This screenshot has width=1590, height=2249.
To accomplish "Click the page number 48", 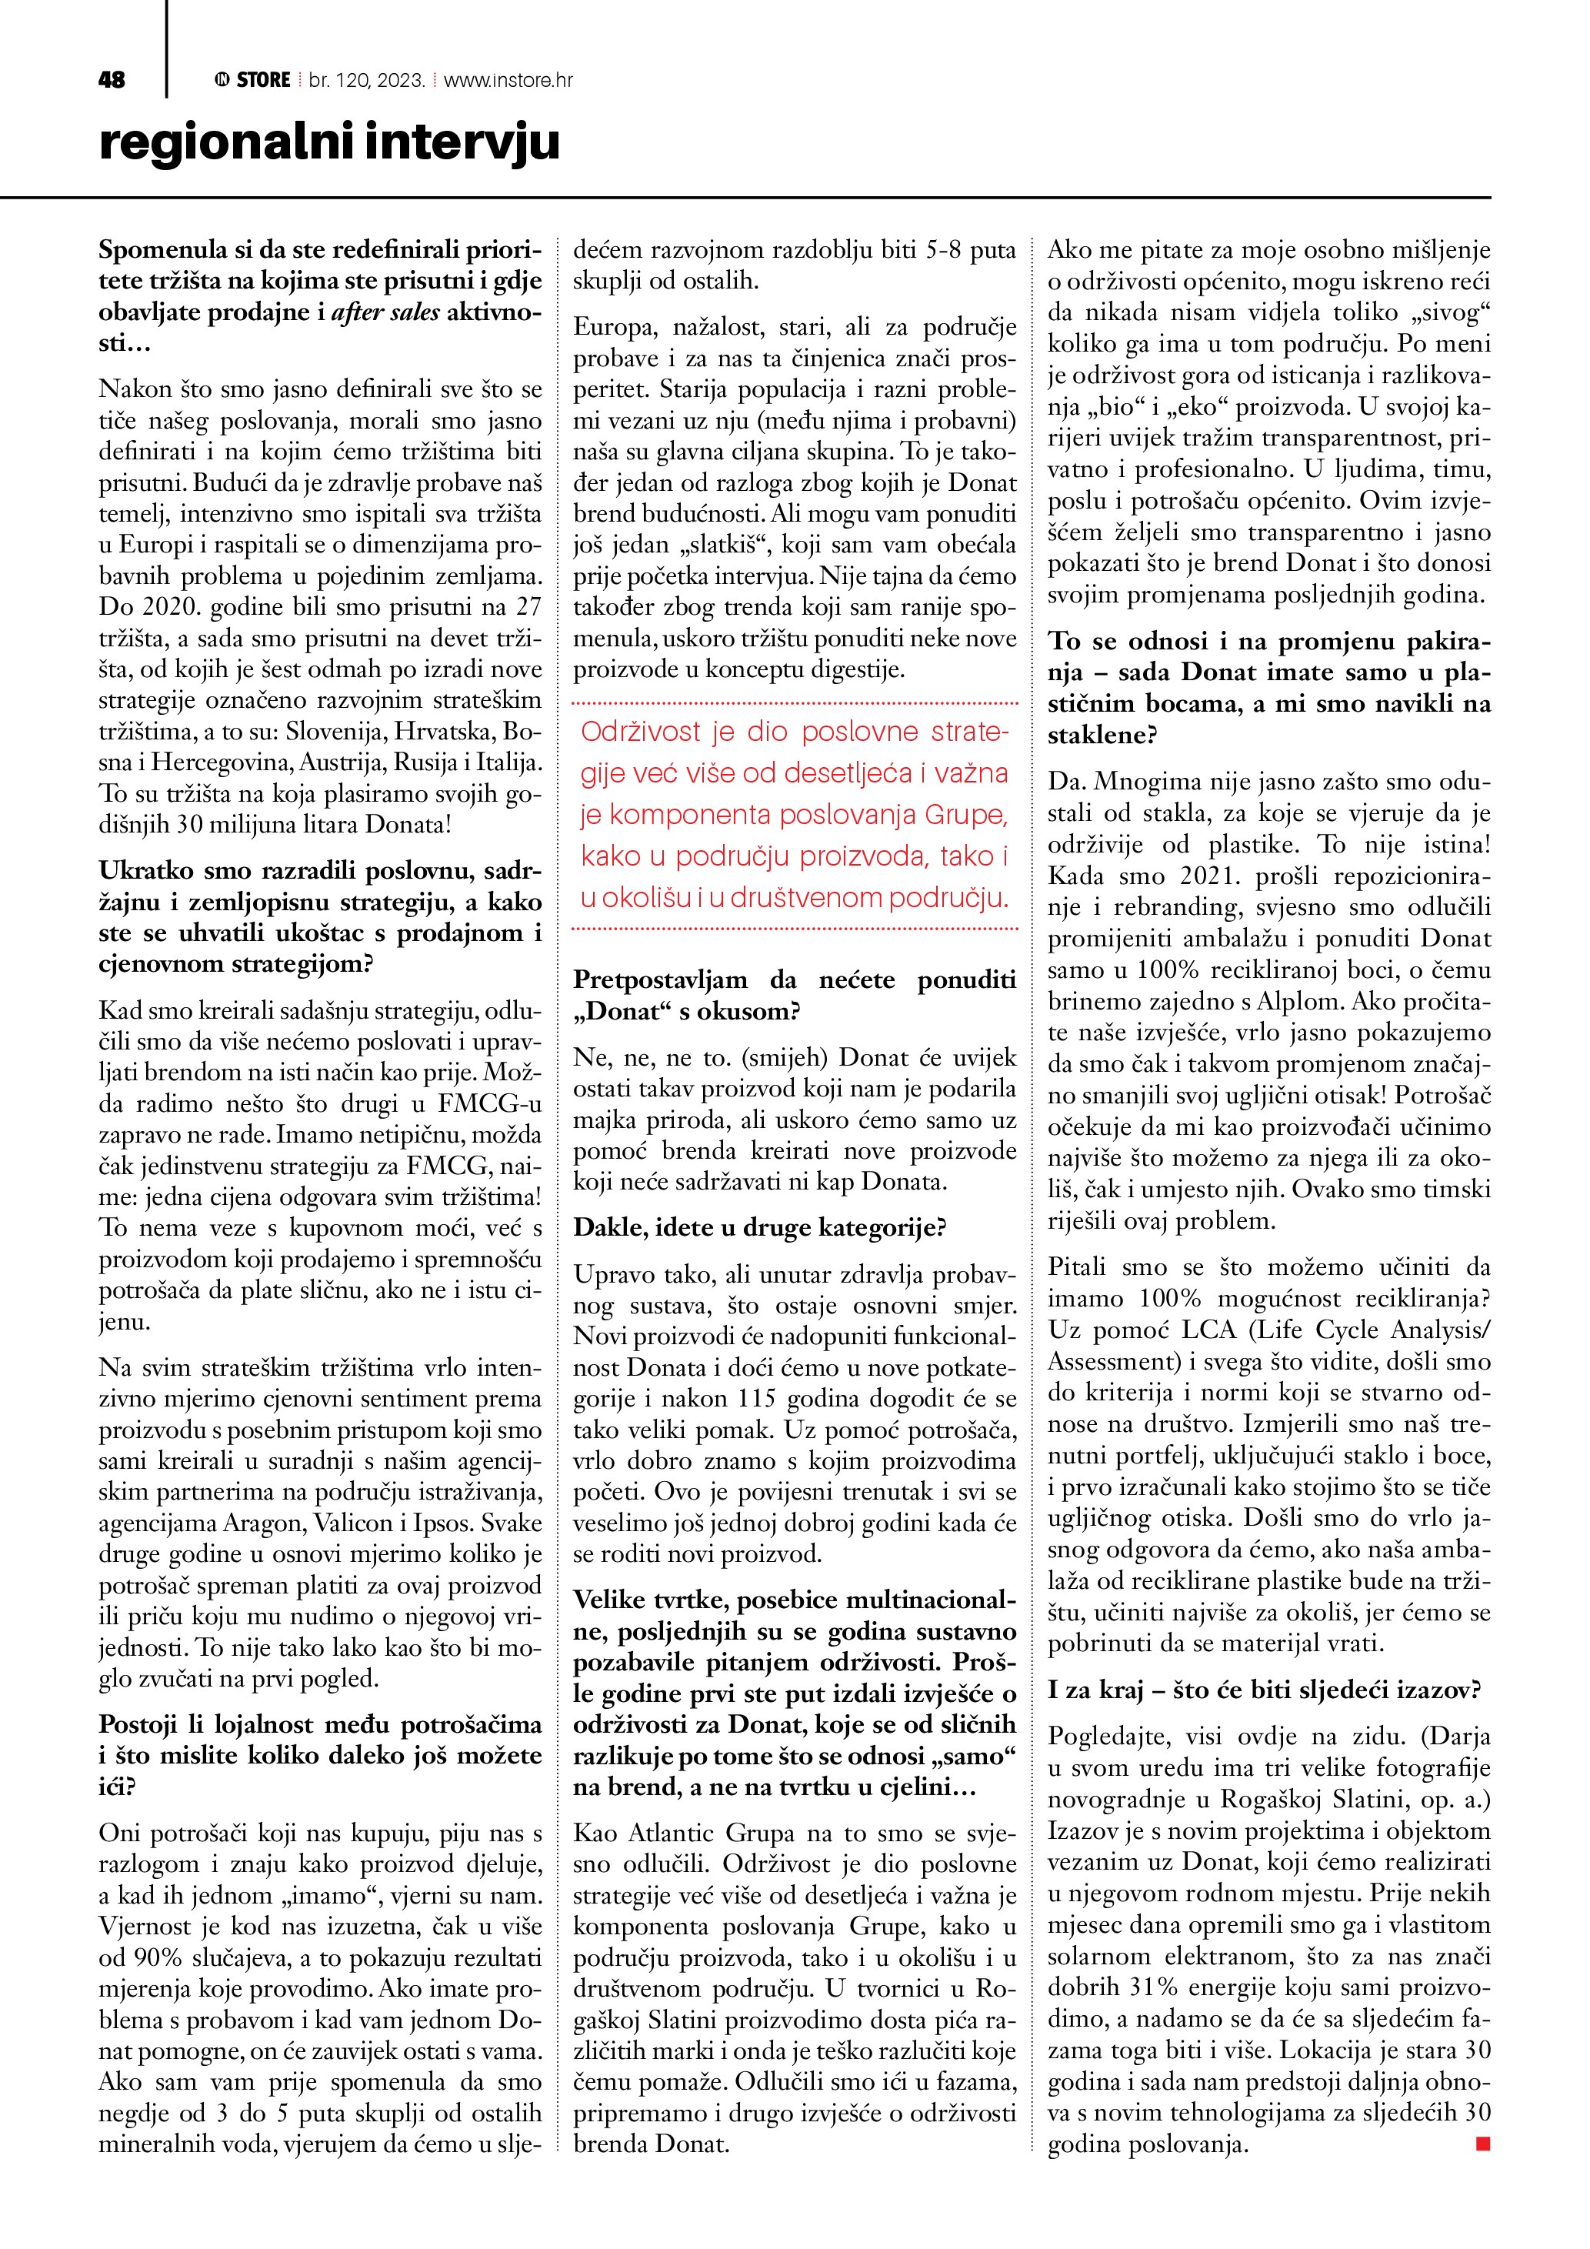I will tap(112, 80).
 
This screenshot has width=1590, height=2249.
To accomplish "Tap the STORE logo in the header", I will tap(254, 80).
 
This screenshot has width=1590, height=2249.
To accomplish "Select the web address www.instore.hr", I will tap(508, 80).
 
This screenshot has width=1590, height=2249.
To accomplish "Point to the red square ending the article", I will tap(1482, 2144).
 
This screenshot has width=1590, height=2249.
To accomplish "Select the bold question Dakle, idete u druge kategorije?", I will tap(760, 1228).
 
